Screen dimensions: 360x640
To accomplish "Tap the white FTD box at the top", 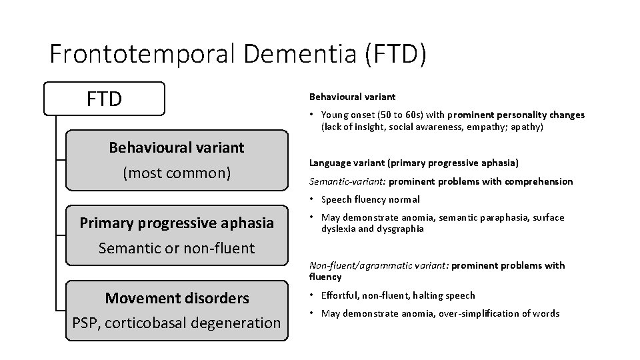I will [104, 99].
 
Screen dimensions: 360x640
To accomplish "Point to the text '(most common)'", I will [177, 173].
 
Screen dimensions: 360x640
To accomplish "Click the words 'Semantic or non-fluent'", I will [177, 248].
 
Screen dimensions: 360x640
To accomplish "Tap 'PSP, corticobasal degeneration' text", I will [177, 323].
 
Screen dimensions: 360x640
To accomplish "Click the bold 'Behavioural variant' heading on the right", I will [352, 97].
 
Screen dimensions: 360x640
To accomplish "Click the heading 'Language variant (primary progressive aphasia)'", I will [414, 163].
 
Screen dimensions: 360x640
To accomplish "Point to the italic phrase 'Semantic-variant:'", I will [347, 181].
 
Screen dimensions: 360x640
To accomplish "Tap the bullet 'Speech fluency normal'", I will [370, 199].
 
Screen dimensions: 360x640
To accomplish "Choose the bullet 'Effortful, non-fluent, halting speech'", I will [398, 295].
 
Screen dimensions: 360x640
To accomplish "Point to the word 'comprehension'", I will [541, 181].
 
